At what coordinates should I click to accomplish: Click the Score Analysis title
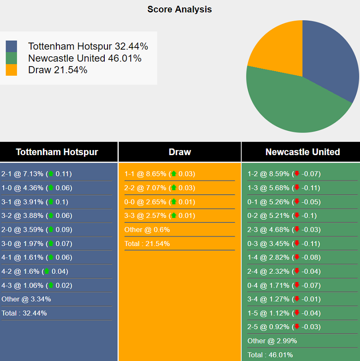coord(180,9)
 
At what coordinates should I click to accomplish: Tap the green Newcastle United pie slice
coord(291,106)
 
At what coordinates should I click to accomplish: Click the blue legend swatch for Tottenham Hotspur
coord(12,46)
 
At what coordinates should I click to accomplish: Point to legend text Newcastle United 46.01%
coord(84,58)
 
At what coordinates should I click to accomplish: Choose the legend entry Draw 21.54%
coord(58,70)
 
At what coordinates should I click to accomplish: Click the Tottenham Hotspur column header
coord(57,152)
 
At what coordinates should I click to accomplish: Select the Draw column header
coord(180,152)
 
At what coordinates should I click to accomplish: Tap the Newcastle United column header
coord(302,152)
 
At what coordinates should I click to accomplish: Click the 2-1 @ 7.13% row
coord(36,174)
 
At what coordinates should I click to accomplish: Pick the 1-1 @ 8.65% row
coord(160,174)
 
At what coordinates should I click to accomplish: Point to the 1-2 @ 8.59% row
coord(284,174)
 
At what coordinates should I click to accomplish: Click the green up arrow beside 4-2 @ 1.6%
coord(47,271)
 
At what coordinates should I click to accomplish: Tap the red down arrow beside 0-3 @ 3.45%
coord(297,243)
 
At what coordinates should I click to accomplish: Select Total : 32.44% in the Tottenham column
coord(24,313)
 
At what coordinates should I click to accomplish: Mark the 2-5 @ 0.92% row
coord(284,327)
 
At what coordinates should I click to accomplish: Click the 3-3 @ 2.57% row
coord(160,216)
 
